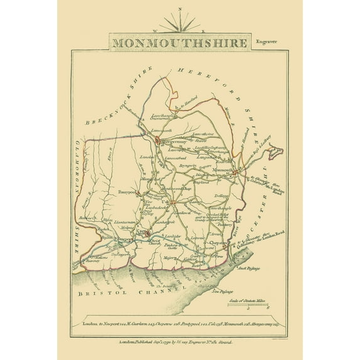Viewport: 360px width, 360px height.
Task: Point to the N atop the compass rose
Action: click(180, 9)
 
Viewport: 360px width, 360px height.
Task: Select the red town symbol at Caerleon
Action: click(148, 234)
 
